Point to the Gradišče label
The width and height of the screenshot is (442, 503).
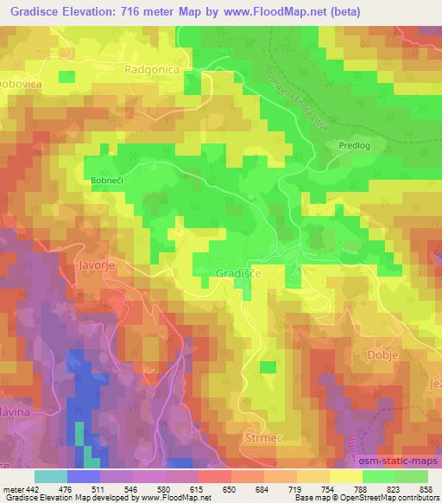pos(234,273)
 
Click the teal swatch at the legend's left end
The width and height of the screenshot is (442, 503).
pos(50,475)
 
